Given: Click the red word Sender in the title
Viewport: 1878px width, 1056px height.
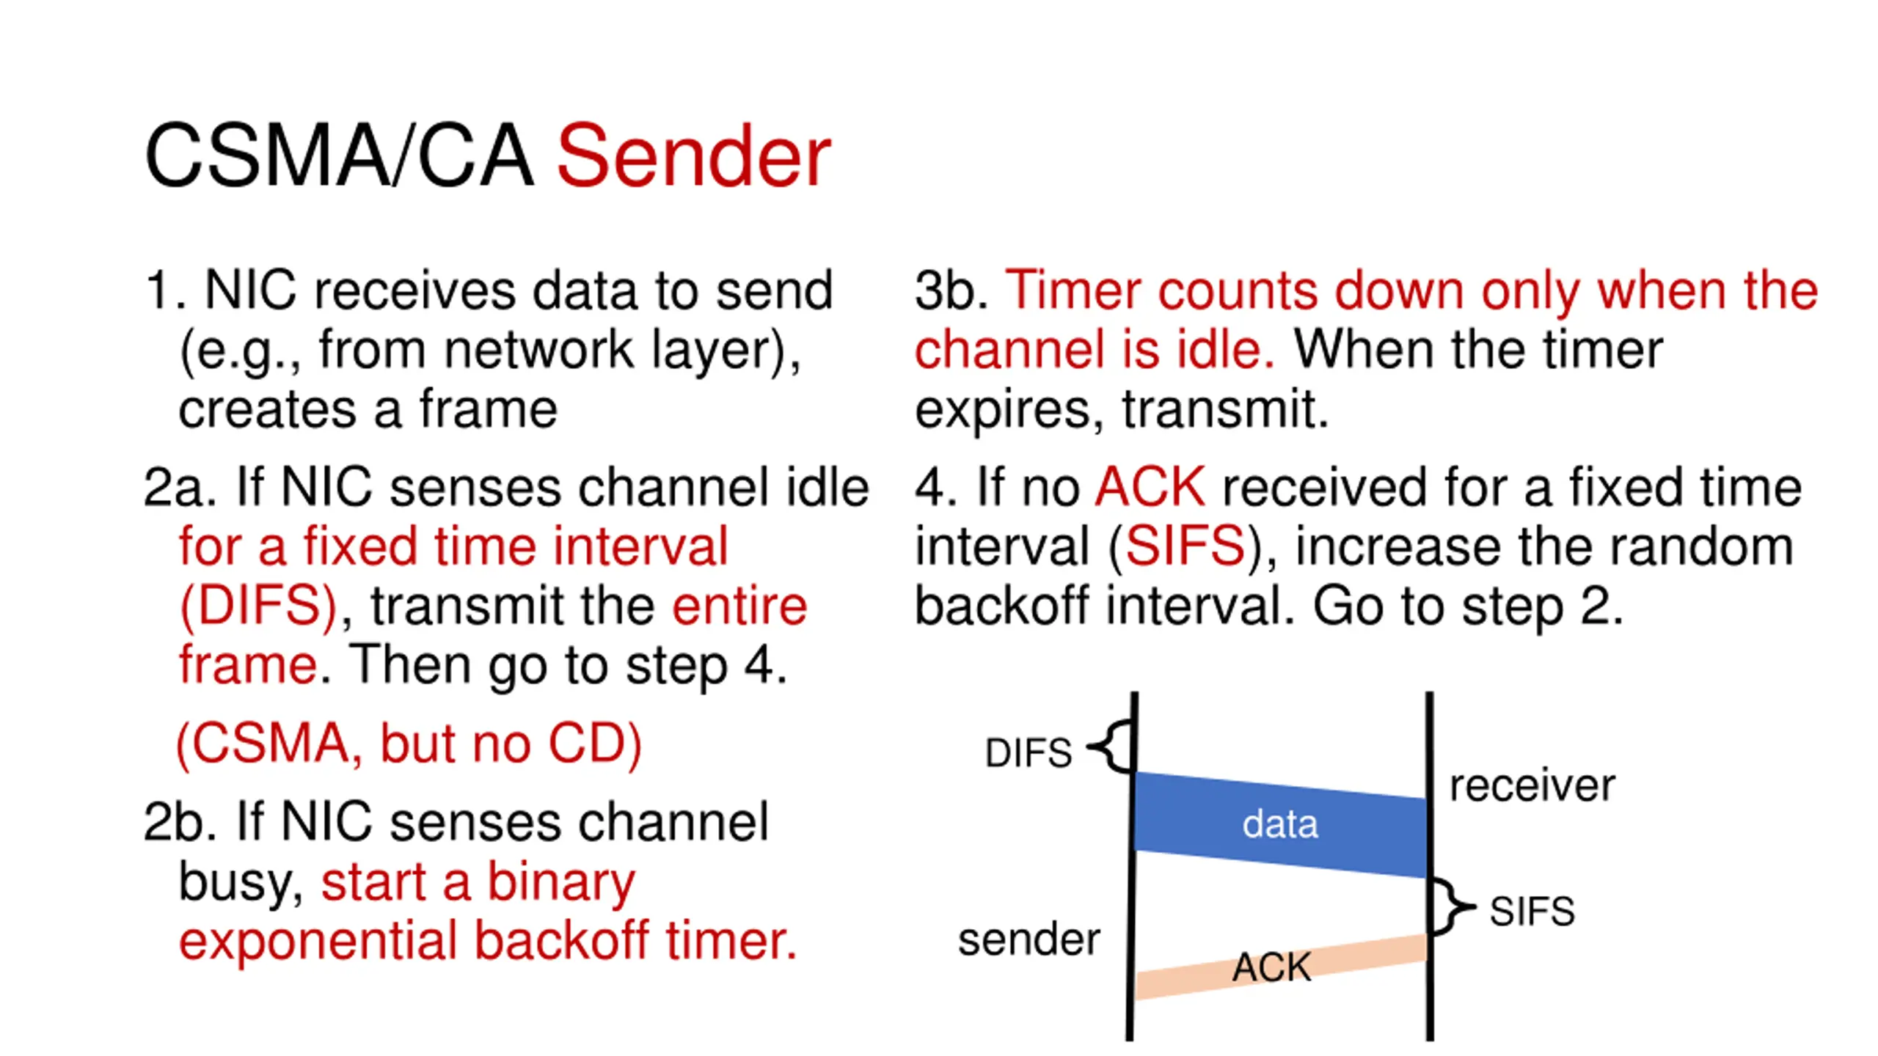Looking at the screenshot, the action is [x=693, y=156].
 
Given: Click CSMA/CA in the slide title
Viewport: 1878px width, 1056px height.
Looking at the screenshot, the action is [x=338, y=156].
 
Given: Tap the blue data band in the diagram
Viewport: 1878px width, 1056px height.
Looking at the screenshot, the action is [x=1280, y=824].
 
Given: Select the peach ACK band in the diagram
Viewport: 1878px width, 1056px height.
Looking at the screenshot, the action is [x=1280, y=967].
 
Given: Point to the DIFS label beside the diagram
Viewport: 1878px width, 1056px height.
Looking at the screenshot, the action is [x=1028, y=753].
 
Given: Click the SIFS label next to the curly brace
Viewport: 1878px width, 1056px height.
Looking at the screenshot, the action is [x=1532, y=912].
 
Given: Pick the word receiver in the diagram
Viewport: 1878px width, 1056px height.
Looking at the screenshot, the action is [x=1532, y=785].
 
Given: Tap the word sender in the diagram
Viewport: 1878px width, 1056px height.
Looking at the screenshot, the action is [x=1028, y=939].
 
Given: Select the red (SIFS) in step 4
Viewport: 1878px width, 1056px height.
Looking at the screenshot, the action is [x=1185, y=547].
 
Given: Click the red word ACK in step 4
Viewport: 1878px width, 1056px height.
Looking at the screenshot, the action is [x=1150, y=487].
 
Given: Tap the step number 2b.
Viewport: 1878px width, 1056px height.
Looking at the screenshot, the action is [x=180, y=822].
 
